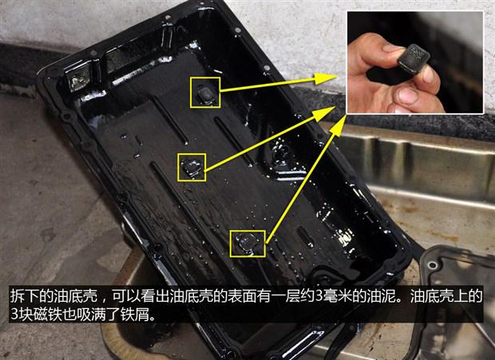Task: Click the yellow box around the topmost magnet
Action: click(205, 77)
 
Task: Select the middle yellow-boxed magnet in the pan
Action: click(192, 168)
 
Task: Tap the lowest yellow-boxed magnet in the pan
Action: click(247, 243)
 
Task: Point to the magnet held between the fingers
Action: click(414, 58)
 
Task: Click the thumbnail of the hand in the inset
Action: click(415, 62)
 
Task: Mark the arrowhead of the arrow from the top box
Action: click(326, 78)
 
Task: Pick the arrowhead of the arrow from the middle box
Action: click(324, 114)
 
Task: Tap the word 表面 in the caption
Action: click(242, 296)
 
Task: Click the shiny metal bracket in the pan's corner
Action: click(78, 79)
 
